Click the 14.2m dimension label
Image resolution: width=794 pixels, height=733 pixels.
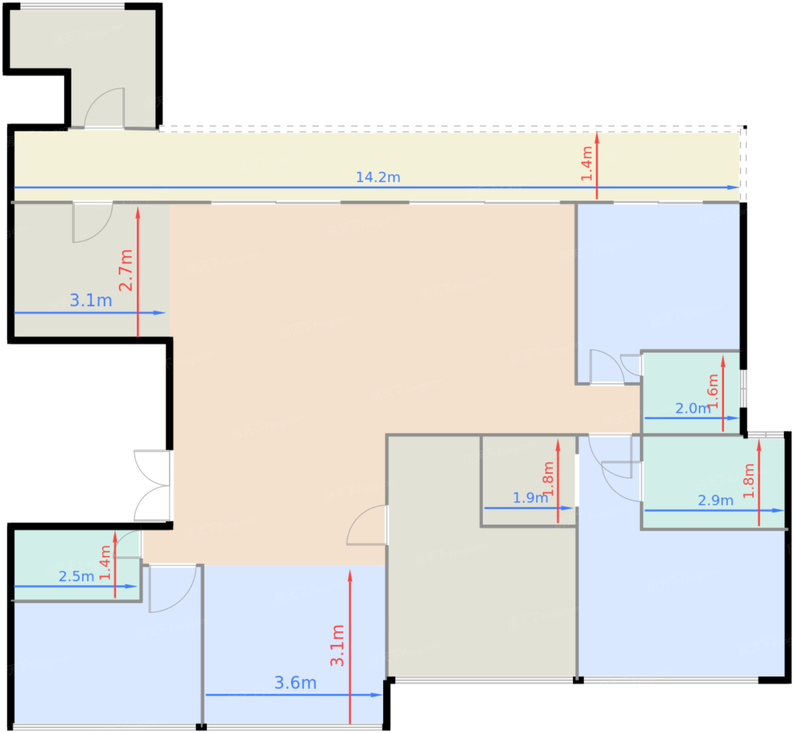coord(378,177)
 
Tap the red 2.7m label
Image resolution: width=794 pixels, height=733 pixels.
coord(126,270)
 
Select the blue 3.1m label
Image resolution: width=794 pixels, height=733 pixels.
coord(91,301)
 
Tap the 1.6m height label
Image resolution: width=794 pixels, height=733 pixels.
coord(713,391)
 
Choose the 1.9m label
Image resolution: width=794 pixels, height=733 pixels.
coord(530,498)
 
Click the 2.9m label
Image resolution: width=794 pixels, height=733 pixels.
coord(715,500)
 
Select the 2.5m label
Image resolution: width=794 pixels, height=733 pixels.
coord(77,576)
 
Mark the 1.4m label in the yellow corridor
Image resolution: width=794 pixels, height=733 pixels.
coord(586,163)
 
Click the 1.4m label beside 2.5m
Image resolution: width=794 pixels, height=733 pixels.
coord(105,562)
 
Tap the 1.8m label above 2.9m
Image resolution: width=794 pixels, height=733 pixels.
coord(749,481)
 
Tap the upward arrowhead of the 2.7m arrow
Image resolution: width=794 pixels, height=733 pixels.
coord(138,212)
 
